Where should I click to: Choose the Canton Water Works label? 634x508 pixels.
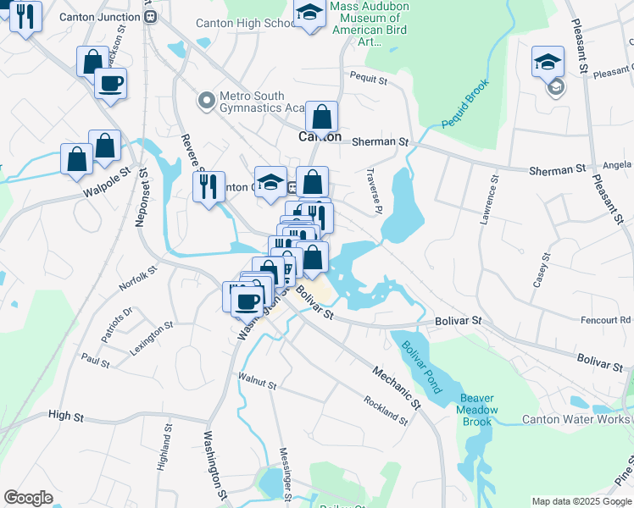[x=576, y=419]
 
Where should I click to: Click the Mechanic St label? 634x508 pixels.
[x=396, y=386]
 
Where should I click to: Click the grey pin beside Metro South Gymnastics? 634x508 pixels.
[x=205, y=102]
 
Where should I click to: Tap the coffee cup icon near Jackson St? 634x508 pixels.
[x=110, y=84]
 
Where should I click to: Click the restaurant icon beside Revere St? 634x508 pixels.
[x=209, y=185]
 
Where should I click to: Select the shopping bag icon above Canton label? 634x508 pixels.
[x=322, y=116]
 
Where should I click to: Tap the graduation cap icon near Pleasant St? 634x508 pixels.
[x=548, y=61]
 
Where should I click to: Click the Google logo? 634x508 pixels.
[x=29, y=498]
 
